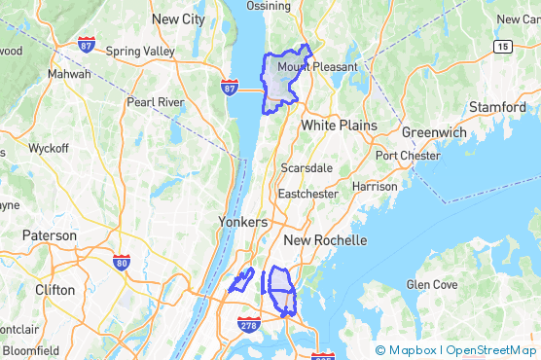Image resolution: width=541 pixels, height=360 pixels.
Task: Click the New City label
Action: pyautogui.click(x=179, y=18)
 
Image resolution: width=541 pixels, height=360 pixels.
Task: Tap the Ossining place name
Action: pyautogui.click(x=268, y=6)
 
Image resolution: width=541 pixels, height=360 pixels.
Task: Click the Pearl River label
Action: pyautogui.click(x=156, y=101)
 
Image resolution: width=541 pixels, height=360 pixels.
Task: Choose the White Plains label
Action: pyautogui.click(x=331, y=126)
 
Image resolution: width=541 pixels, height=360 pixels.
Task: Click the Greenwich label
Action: pyautogui.click(x=433, y=132)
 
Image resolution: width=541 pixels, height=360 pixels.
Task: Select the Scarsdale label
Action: pyautogui.click(x=307, y=167)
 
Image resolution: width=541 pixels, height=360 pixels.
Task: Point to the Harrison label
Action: pyautogui.click(x=375, y=186)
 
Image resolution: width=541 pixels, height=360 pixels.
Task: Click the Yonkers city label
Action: pyautogui.click(x=242, y=221)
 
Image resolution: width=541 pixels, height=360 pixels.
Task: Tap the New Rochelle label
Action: pyautogui.click(x=324, y=240)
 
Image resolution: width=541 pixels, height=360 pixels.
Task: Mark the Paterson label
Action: pyautogui.click(x=50, y=235)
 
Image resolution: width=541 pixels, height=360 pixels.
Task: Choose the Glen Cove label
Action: pyautogui.click(x=431, y=285)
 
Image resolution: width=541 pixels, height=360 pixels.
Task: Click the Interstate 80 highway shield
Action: pyautogui.click(x=122, y=262)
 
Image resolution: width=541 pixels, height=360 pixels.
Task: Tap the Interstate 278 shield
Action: pyautogui.click(x=248, y=324)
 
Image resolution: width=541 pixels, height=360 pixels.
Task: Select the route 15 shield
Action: pyautogui.click(x=502, y=46)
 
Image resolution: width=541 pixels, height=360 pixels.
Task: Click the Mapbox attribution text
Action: pyautogui.click(x=412, y=350)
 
